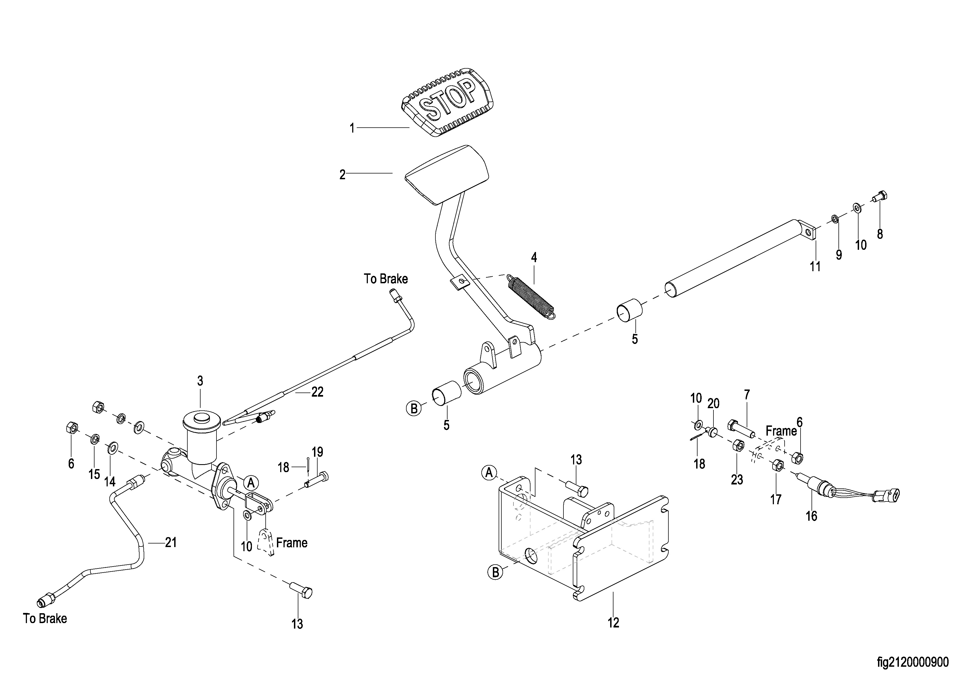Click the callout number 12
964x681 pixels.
tap(613, 623)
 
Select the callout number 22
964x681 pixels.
tap(317, 392)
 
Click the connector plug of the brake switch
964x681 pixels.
tap(888, 495)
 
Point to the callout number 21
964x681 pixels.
tap(170, 543)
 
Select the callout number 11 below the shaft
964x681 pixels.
tap(815, 267)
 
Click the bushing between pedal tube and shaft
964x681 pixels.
tap(629, 310)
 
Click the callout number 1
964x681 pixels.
tap(352, 128)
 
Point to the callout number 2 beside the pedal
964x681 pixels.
tap(342, 175)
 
